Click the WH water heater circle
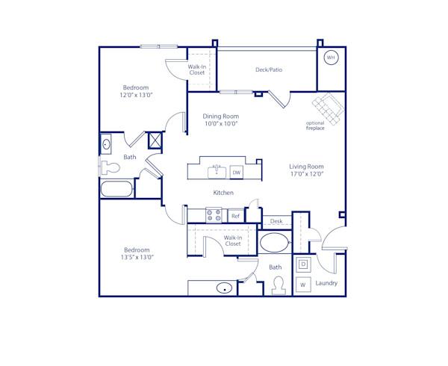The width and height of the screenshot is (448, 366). (330, 58)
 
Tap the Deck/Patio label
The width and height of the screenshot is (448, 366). (269, 70)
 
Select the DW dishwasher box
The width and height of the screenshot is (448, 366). (237, 173)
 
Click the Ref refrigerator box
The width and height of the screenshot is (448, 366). (235, 216)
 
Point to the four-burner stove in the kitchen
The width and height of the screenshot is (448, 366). (214, 216)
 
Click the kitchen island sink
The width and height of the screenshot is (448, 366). (217, 170)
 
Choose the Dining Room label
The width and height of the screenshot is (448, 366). (220, 116)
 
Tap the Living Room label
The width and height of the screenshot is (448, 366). (306, 167)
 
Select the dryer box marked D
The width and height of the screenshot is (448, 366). (303, 264)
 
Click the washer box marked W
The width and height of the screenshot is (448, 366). (303, 285)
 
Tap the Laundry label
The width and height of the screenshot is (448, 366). (326, 283)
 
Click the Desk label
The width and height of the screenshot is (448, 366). (276, 222)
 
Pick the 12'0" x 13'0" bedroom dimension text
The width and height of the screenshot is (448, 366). (136, 96)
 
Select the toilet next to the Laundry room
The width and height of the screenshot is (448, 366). (279, 285)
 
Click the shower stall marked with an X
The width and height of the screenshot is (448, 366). (155, 140)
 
